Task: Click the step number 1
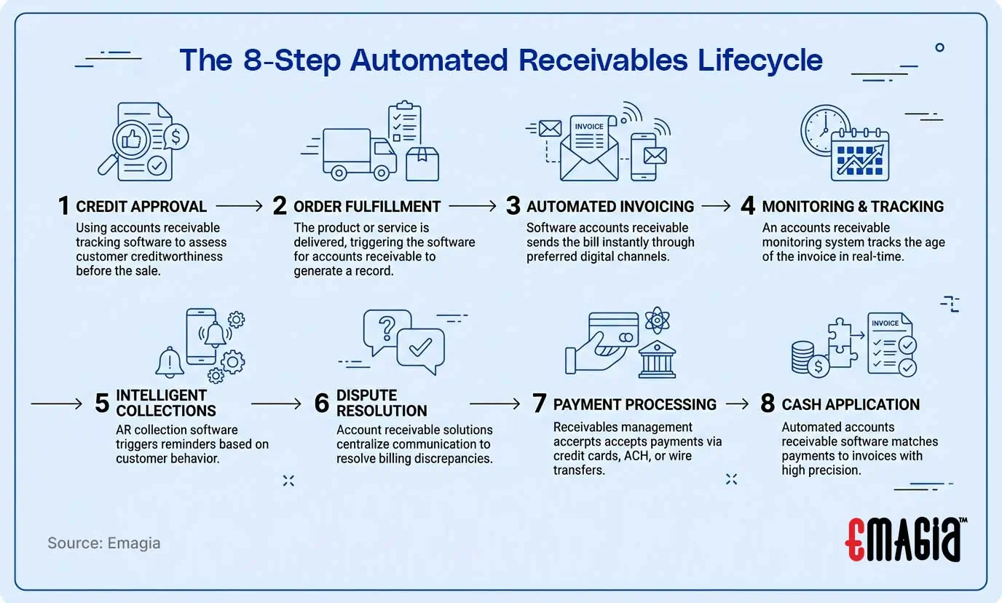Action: pyautogui.click(x=65, y=207)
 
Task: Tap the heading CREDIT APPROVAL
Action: pyautogui.click(x=141, y=207)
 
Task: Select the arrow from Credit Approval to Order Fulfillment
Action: pyautogui.click(x=239, y=207)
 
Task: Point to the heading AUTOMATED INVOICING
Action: pyautogui.click(x=610, y=207)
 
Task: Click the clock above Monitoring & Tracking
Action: pyautogui.click(x=825, y=130)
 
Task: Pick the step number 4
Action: pyautogui.click(x=748, y=207)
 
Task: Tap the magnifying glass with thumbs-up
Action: pyautogui.click(x=130, y=142)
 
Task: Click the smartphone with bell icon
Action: pyautogui.click(x=205, y=336)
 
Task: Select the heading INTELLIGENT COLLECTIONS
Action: pyautogui.click(x=162, y=403)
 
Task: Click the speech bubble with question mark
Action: pyautogui.click(x=386, y=331)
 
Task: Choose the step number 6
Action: pyautogui.click(x=322, y=403)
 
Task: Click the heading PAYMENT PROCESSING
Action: pyautogui.click(x=635, y=404)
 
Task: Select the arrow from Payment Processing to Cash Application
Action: pyautogui.click(x=737, y=404)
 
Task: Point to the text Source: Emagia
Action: pyautogui.click(x=104, y=543)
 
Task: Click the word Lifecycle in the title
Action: pyautogui.click(x=760, y=60)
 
